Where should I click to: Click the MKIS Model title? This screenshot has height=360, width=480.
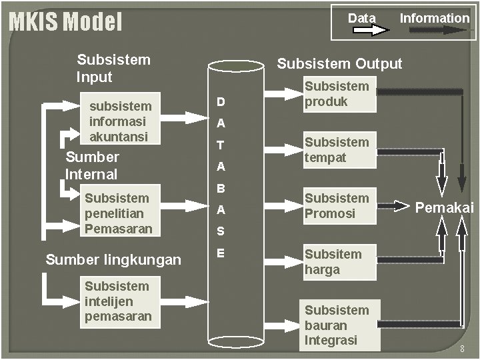(x=65, y=22)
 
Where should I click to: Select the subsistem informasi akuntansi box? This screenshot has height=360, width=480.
(x=121, y=121)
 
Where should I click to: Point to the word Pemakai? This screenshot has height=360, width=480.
(x=444, y=208)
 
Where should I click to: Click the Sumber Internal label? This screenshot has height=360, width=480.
(x=92, y=165)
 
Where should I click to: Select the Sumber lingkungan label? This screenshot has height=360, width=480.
(x=113, y=259)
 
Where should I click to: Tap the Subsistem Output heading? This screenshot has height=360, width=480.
(x=339, y=63)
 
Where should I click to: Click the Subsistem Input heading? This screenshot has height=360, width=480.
(x=113, y=68)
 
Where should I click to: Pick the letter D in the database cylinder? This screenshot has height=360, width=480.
(x=221, y=102)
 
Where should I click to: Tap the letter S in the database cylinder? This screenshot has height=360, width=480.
(x=221, y=232)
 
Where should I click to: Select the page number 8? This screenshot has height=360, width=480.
(x=462, y=349)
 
